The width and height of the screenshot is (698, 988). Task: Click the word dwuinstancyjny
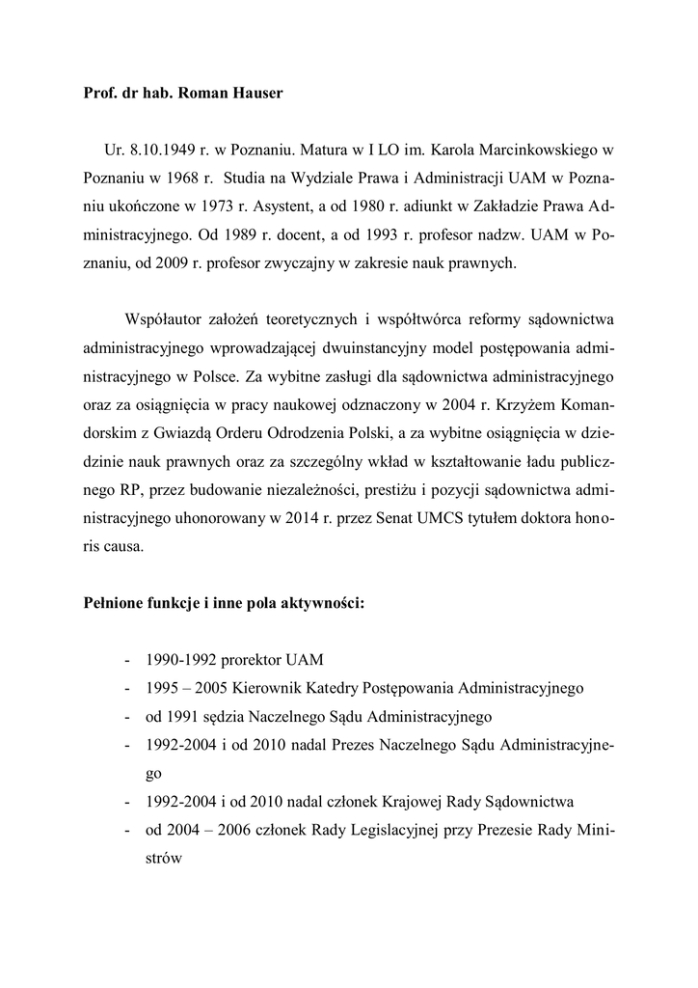tap(417, 346)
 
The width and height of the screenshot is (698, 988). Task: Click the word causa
tap(122, 544)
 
